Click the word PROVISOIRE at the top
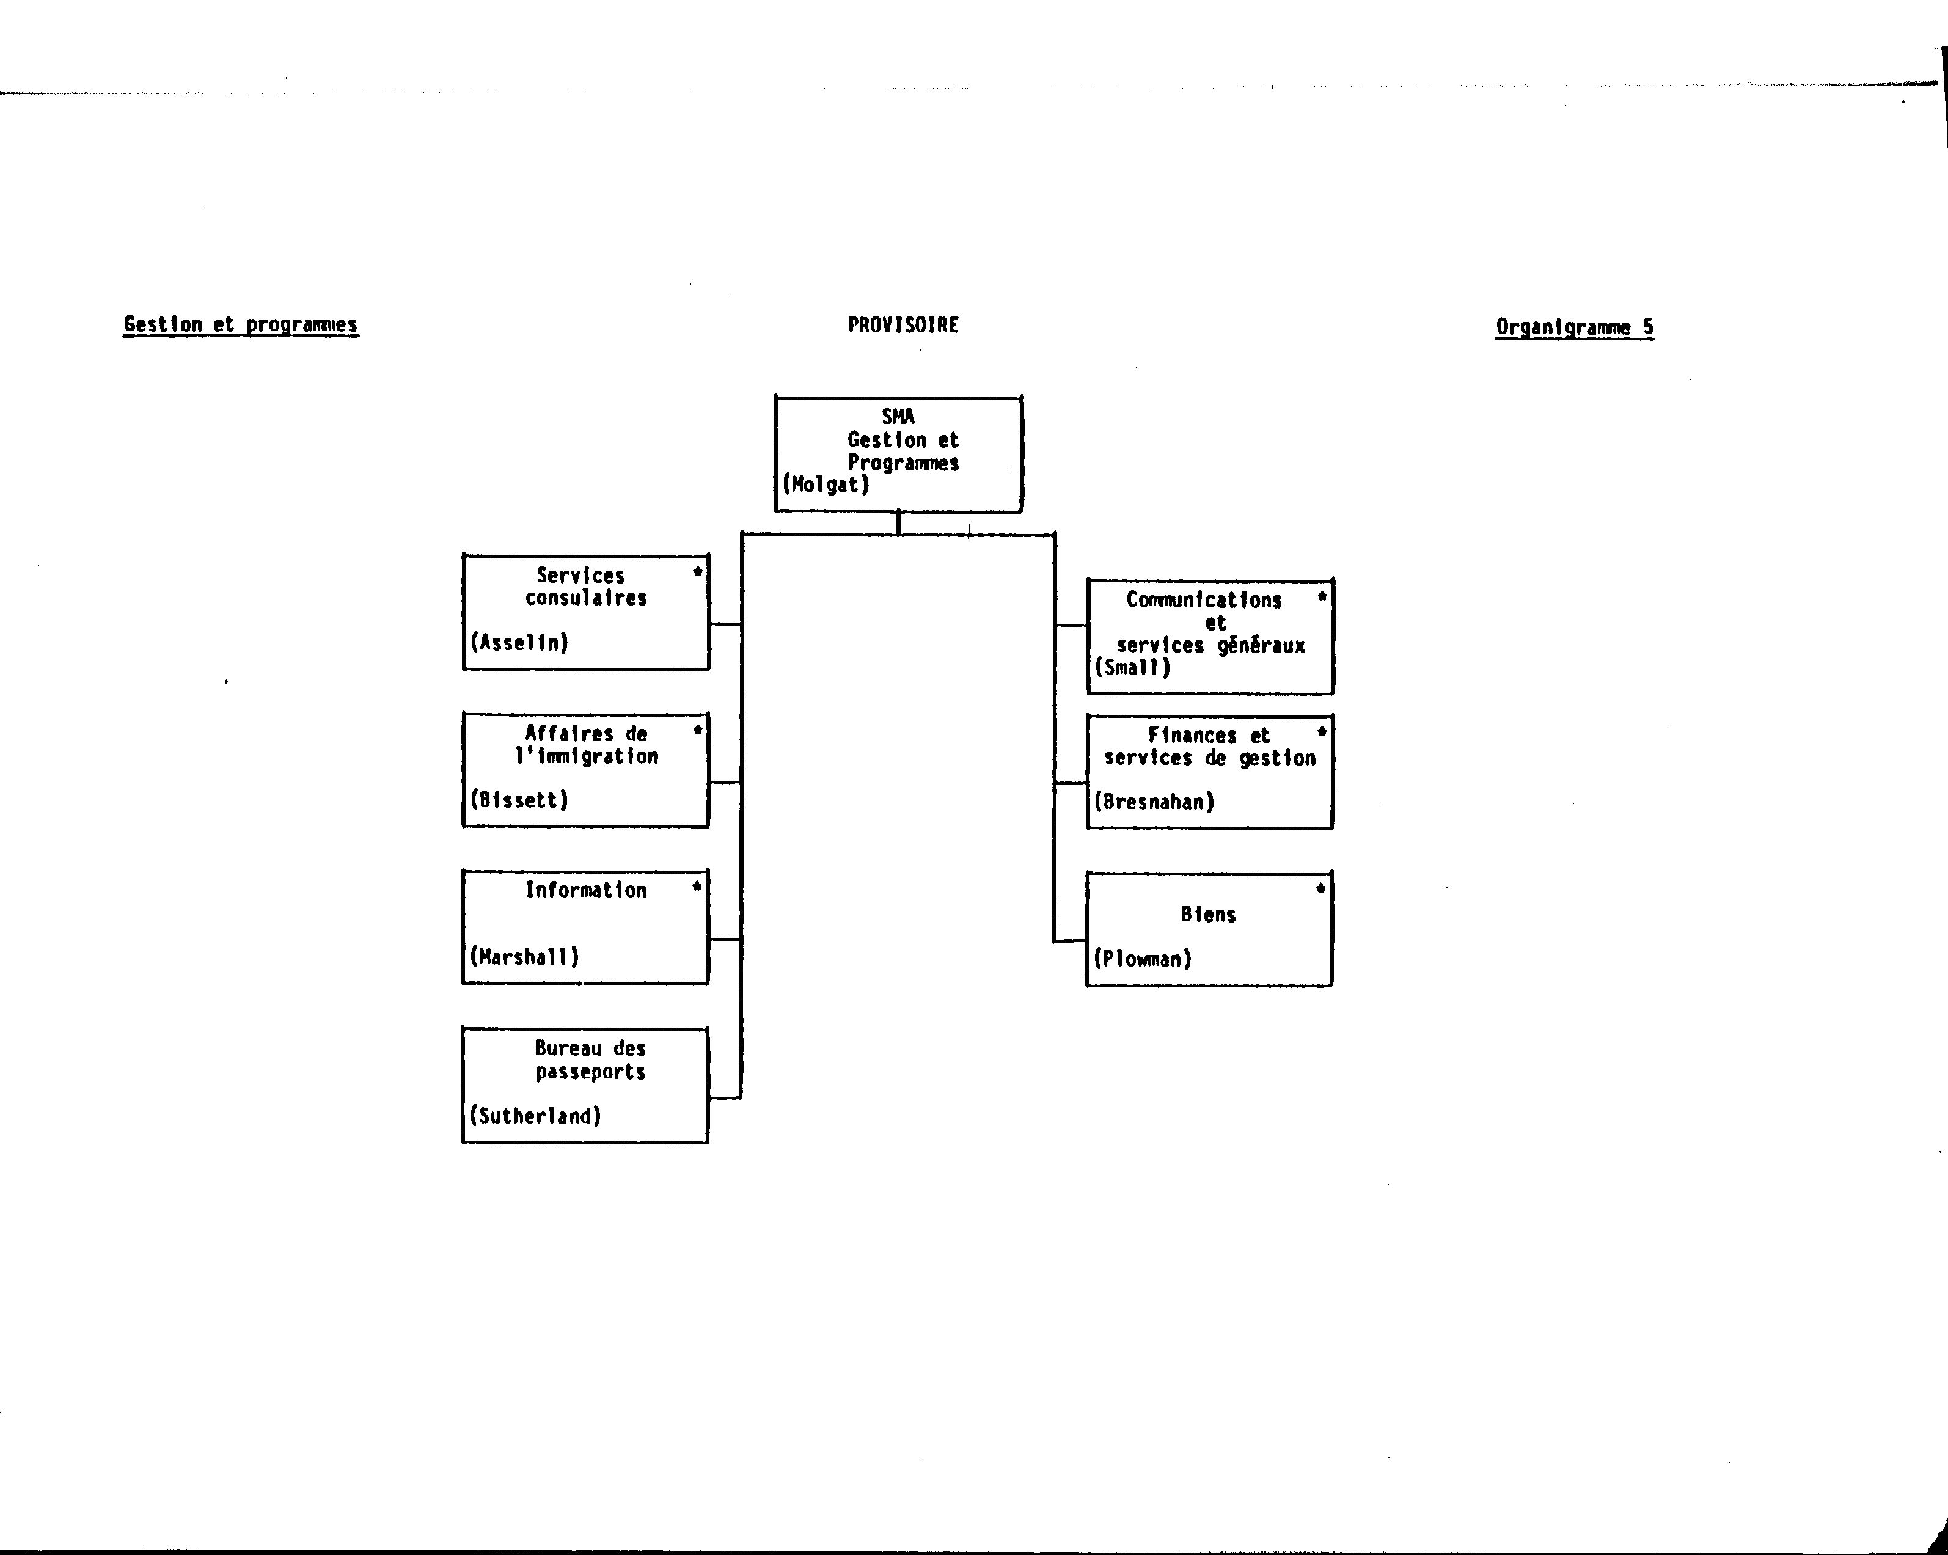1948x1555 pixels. click(903, 325)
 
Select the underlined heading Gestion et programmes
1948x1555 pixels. click(241, 325)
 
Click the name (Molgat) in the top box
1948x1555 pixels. click(826, 485)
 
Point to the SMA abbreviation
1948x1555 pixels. click(898, 417)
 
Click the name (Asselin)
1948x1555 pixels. click(519, 642)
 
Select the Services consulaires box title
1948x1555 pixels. click(585, 587)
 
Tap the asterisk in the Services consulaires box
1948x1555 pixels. click(697, 572)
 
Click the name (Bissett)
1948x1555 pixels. click(519, 800)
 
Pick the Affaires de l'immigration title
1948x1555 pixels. click(587, 745)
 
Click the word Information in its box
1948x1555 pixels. click(587, 890)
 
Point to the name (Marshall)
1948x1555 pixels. click(524, 957)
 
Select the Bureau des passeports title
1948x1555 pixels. click(590, 1060)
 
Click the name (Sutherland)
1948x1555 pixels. click(535, 1116)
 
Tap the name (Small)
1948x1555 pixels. click(1132, 668)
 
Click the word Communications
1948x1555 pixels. click(1204, 600)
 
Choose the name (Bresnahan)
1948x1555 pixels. click(1154, 802)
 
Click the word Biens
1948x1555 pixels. click(1208, 915)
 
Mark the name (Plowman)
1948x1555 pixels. click(1142, 959)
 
